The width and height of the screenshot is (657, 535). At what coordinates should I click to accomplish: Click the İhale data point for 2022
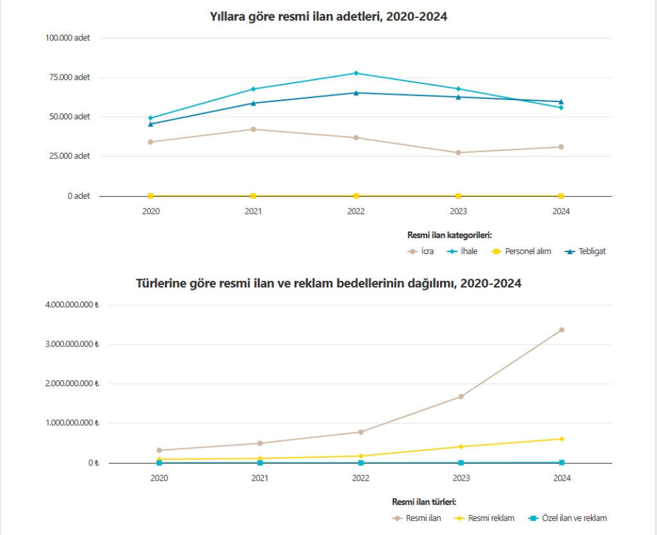point(356,73)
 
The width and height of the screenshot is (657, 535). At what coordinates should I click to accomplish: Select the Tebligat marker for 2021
point(253,103)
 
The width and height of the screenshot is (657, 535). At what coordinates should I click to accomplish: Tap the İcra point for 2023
point(458,153)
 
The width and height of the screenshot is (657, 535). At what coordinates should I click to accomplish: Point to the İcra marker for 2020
point(151,142)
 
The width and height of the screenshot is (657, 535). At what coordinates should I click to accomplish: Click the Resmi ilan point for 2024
point(561,330)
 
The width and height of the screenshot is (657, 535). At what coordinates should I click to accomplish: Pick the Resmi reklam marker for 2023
point(461,446)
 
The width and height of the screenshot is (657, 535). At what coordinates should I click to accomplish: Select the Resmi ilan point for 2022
point(361,432)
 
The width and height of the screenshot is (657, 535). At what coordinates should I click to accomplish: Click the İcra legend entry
point(421,251)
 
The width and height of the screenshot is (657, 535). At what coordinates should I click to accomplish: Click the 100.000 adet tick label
point(67,38)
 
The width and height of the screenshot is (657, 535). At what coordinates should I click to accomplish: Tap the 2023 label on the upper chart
point(458,211)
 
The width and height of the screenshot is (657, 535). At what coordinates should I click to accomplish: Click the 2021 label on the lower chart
point(260,478)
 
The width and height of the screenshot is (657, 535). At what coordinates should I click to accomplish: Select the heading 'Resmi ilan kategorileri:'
point(449,235)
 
